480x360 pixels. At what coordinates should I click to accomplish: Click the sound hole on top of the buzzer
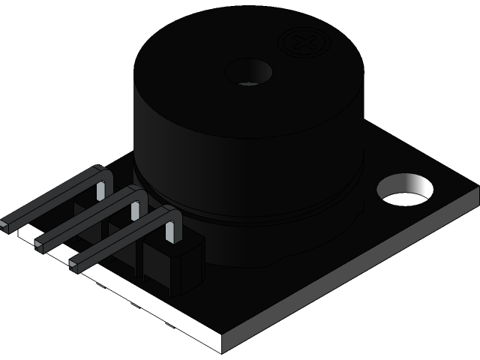248,72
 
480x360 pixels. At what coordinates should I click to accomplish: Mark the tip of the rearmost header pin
5,223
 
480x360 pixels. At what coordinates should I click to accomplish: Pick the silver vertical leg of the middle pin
135,209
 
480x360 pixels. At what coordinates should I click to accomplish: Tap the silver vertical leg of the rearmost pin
99,190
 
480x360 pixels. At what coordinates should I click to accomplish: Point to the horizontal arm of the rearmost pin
52,199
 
